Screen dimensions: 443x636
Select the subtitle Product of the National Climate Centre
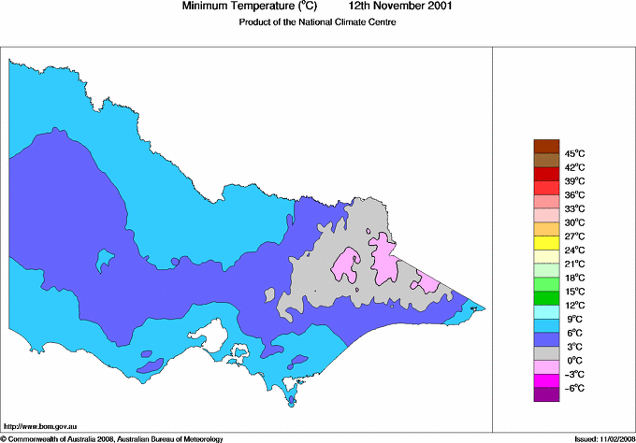pyautogui.click(x=318, y=22)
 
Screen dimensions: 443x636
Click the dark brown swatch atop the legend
pyautogui.click(x=545, y=146)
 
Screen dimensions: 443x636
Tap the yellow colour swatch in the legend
pyautogui.click(x=545, y=243)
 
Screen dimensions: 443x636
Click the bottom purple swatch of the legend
pyautogui.click(x=545, y=394)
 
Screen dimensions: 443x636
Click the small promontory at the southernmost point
pyautogui.click(x=292, y=401)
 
